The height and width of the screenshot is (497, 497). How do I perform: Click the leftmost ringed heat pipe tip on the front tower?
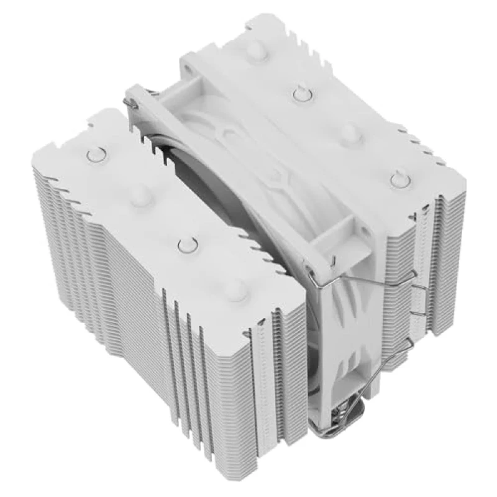pos(95,154)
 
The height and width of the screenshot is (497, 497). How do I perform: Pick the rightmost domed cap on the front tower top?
pos(235,286)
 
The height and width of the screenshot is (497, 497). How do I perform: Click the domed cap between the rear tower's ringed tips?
pos(350,132)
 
